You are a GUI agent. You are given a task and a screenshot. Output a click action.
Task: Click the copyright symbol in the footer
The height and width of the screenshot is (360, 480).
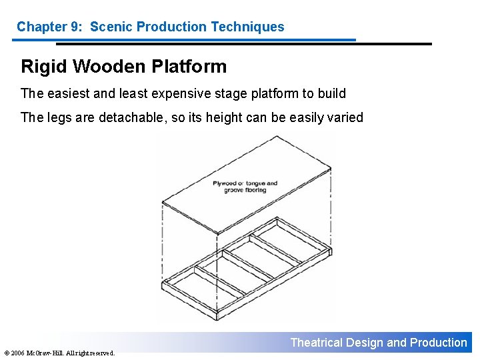pos(7,353)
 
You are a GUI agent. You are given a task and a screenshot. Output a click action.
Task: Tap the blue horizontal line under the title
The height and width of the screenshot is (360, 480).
pos(183,39)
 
